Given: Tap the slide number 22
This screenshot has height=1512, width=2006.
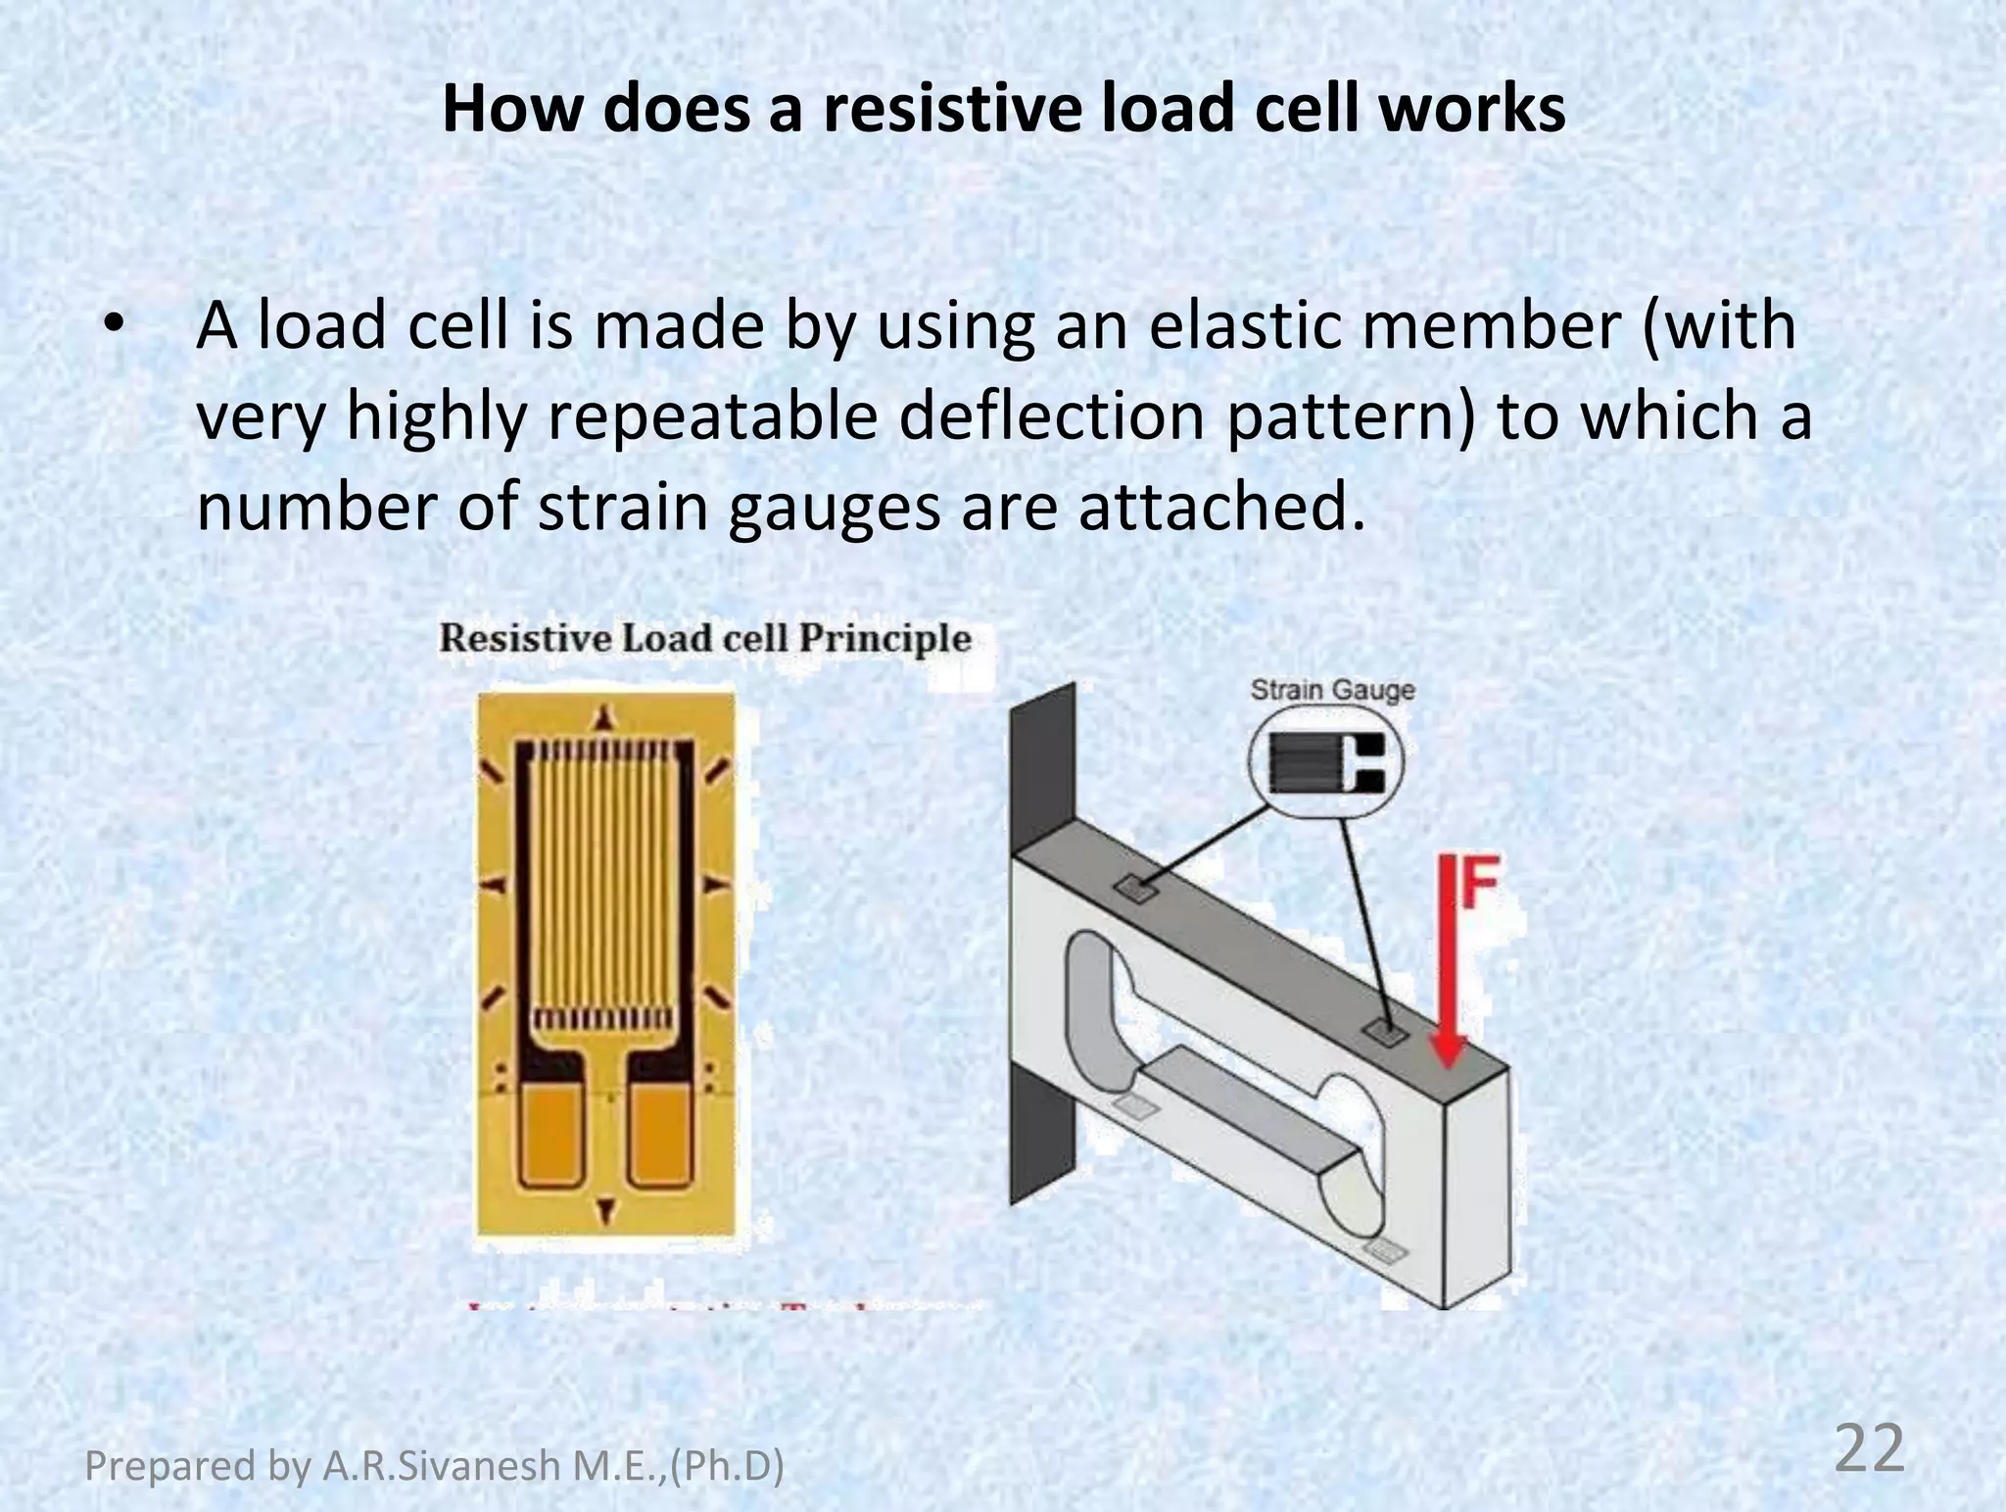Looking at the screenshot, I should [x=1869, y=1450].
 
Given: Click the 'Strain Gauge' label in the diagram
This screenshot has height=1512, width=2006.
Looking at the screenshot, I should [x=1332, y=691].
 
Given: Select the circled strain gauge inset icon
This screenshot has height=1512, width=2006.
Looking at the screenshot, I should [x=1326, y=761].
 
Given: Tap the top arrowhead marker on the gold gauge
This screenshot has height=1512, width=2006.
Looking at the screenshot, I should [x=605, y=716].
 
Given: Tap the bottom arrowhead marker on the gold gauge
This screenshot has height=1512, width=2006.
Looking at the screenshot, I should [x=605, y=1209].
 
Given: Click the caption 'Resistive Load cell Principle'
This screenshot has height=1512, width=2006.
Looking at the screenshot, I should [x=704, y=639].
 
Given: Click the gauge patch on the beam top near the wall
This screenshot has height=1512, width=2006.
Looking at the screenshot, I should [x=1136, y=888].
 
